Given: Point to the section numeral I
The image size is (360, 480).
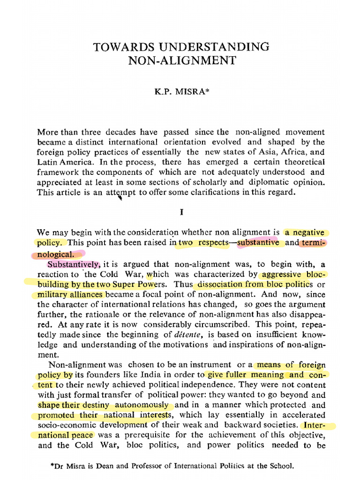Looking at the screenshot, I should (181, 212).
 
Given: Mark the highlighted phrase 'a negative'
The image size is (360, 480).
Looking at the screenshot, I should (305, 232).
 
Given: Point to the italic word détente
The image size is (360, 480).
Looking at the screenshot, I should (190, 334).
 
